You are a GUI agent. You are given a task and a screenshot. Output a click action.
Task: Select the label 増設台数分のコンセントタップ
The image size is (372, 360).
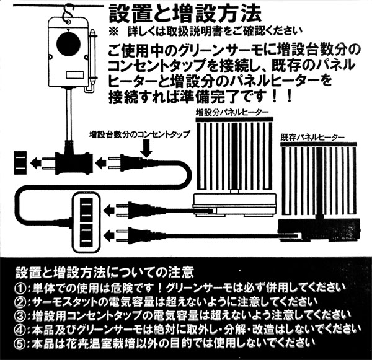(139, 134)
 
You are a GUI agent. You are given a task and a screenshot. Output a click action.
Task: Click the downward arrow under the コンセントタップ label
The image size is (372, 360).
(146, 149)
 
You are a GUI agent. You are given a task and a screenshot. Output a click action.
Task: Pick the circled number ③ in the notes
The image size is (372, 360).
(23, 315)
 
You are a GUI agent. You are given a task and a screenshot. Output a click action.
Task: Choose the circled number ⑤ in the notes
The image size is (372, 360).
(23, 342)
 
